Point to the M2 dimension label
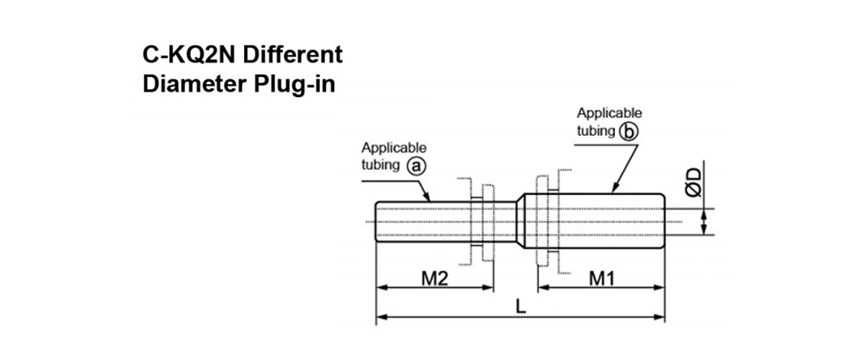click(434, 278)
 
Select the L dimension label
click(521, 307)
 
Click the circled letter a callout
click(415, 165)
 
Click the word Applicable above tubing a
click(394, 148)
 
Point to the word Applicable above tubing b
click(609, 114)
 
